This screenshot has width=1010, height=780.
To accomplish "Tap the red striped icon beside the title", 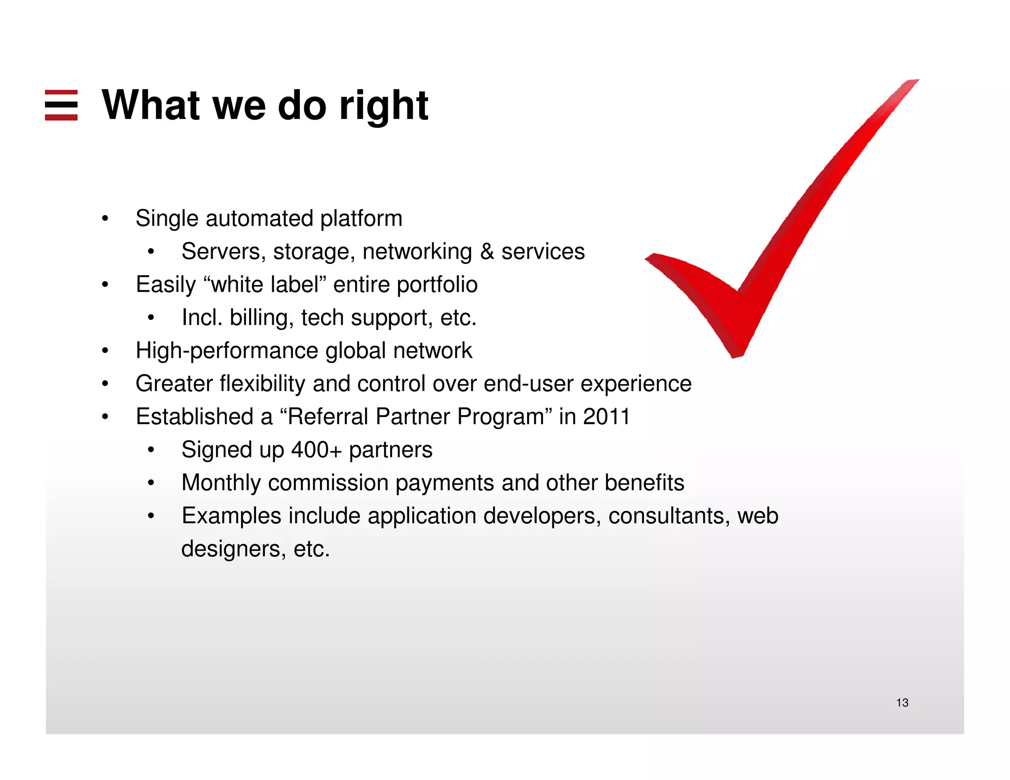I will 61,105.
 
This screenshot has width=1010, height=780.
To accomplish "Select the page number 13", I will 902,703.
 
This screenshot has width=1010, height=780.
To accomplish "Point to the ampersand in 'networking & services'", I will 487,251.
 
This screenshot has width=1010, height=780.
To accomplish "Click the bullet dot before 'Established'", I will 105,417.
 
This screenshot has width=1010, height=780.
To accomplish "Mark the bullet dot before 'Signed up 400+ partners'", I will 151,450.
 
